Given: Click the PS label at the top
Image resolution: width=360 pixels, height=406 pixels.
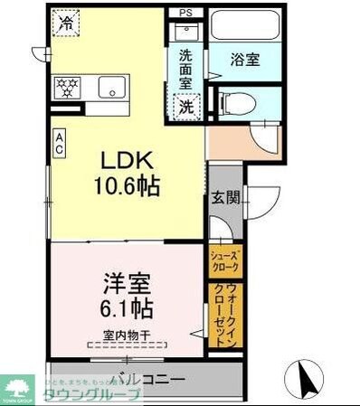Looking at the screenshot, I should [185, 13].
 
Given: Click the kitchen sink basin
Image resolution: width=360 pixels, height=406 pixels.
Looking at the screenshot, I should [114, 89].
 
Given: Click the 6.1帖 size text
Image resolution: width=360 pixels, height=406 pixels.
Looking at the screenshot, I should [124, 308].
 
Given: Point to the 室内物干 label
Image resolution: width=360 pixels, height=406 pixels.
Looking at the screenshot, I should [122, 335].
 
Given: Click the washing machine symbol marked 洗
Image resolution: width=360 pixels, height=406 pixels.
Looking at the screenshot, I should [185, 105].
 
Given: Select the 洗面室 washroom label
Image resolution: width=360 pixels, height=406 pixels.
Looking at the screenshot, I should [185, 68].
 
